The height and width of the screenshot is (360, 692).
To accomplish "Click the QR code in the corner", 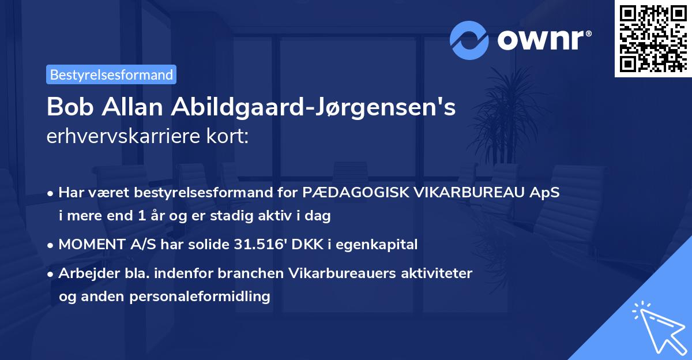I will point(652,39).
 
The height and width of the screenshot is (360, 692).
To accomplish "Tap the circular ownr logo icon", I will point(469,40).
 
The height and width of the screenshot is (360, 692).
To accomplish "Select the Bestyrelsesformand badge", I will point(111,74).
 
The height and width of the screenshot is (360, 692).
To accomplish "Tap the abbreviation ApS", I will point(546,193).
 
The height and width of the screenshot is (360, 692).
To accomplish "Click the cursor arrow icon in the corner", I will point(657,326).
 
